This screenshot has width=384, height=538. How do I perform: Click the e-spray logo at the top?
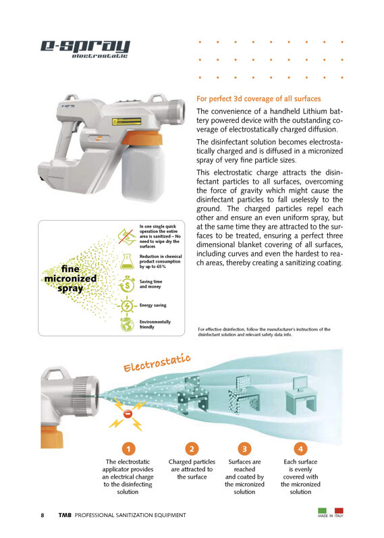click(x=85, y=49)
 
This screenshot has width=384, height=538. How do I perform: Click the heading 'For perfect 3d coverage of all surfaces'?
click(x=258, y=99)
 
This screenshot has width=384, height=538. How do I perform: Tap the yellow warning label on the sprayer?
click(x=127, y=122)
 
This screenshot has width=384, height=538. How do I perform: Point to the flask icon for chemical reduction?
click(x=127, y=261)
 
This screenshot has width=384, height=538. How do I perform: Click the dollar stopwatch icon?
click(x=127, y=284)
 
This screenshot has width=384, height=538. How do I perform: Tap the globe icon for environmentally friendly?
click(x=128, y=324)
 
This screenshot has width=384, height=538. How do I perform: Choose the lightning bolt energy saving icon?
click(x=127, y=305)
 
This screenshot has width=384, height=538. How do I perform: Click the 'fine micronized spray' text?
click(x=70, y=278)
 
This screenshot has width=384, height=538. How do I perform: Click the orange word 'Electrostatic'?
click(x=157, y=363)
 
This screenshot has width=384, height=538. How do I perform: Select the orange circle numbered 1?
click(x=128, y=449)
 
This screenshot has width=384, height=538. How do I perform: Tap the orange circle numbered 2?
click(x=192, y=449)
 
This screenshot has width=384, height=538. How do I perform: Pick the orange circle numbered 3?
click(x=244, y=449)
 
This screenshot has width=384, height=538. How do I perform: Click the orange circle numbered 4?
click(x=300, y=449)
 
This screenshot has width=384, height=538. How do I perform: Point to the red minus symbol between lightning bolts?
click(x=128, y=414)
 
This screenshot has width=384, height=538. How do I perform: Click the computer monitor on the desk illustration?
click(x=300, y=384)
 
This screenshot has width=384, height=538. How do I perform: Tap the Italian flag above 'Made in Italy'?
click(x=331, y=510)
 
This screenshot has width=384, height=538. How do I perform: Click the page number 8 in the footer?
click(x=43, y=515)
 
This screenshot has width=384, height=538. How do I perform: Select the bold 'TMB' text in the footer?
click(x=65, y=515)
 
